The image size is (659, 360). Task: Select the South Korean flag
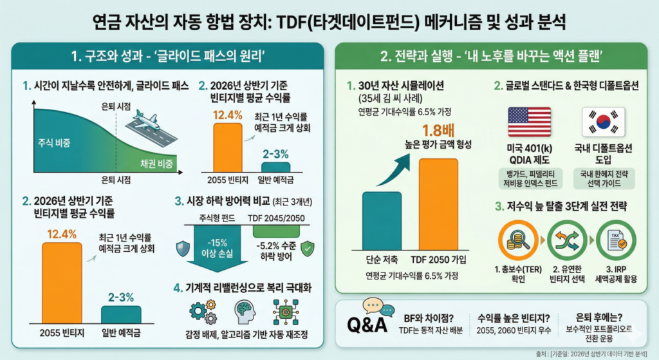pos(599,122)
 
